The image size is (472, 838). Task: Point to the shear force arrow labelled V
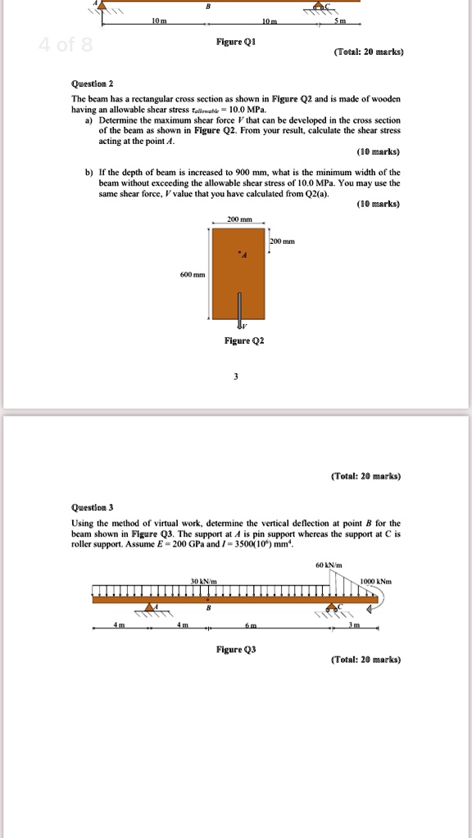tap(240, 311)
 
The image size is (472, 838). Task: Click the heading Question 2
tap(93, 83)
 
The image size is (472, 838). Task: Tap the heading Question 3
tap(93, 507)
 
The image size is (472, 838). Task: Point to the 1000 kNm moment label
tap(374, 580)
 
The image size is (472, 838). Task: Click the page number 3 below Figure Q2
tap(235, 376)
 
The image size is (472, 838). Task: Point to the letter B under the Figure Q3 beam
tap(210, 608)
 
